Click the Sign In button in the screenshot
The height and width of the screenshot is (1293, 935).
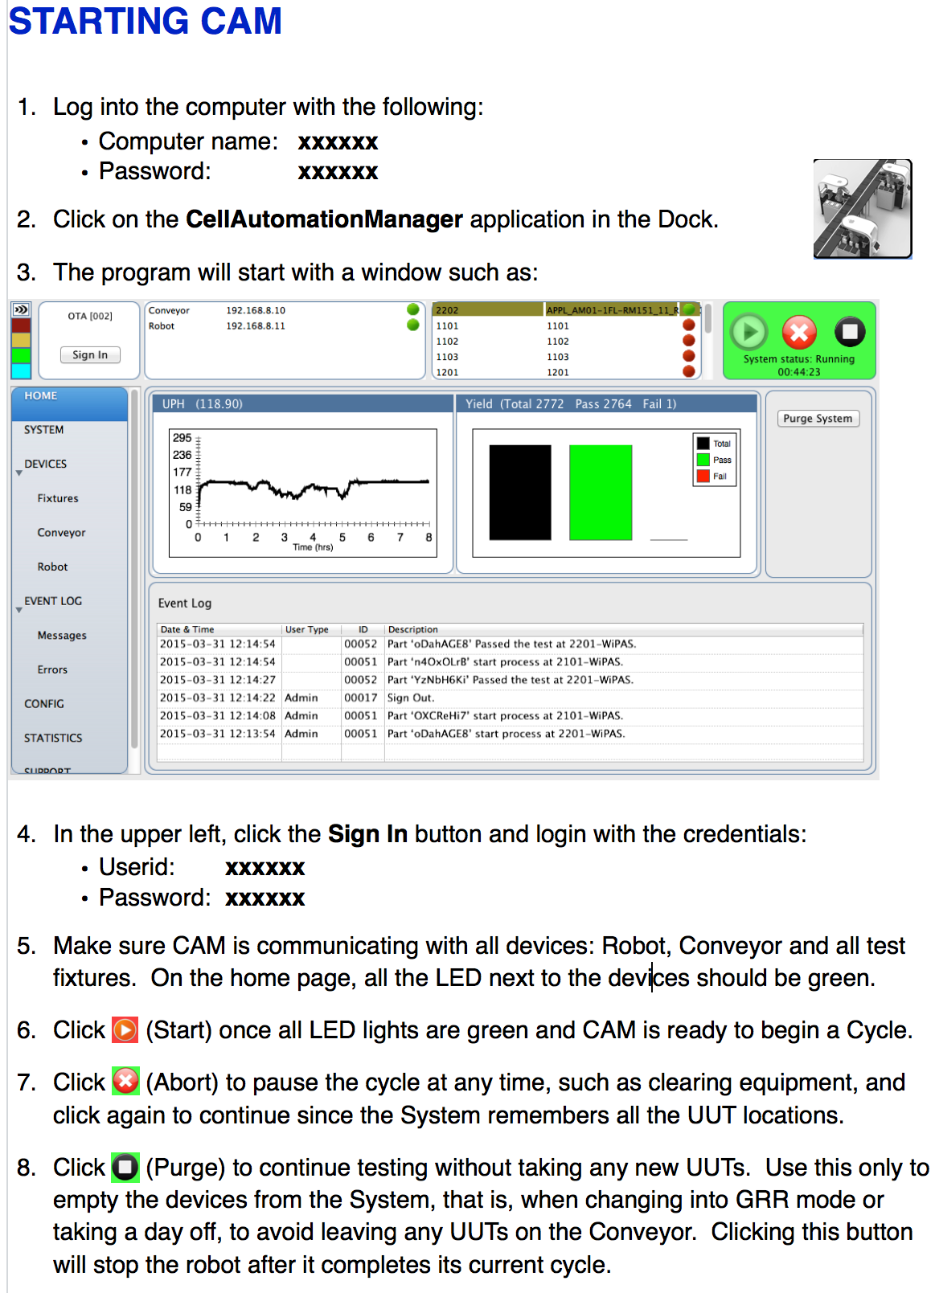tap(90, 354)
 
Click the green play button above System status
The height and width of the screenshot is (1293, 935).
tap(748, 332)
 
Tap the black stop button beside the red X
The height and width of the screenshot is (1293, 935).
tap(850, 331)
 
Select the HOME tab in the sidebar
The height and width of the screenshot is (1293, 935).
tap(40, 396)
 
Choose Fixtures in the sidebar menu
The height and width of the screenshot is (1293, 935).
tap(58, 498)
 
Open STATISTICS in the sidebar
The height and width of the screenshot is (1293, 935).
tap(53, 738)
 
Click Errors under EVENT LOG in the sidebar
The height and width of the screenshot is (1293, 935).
tap(52, 669)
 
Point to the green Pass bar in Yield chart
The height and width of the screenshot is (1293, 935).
tap(600, 493)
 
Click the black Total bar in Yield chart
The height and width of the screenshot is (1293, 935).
tap(520, 493)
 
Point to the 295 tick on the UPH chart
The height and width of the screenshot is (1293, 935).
tap(182, 438)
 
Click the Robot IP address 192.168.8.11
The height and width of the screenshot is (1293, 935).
tap(256, 325)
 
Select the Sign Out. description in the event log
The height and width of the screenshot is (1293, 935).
tap(411, 698)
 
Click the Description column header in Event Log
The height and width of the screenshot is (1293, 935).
tap(413, 629)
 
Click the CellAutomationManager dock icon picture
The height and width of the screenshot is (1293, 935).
tap(862, 209)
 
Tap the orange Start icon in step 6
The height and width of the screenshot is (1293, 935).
tap(125, 1029)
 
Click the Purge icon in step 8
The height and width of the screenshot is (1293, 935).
tap(125, 1167)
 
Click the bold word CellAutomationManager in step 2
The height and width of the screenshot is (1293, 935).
tap(324, 219)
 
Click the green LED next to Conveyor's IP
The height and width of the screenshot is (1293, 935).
tap(413, 309)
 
